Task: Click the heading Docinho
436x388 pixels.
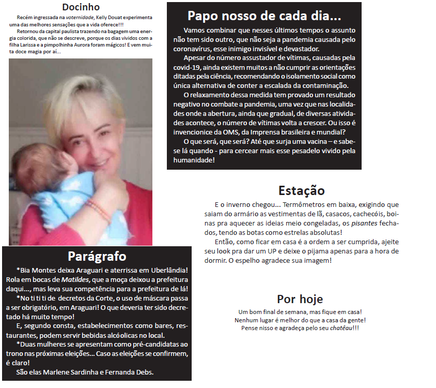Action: (81, 7)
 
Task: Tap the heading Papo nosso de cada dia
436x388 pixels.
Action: (263, 15)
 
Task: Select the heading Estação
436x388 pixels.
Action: (301, 190)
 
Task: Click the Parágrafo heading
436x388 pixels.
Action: (97, 256)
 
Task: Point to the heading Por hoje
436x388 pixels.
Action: (300, 299)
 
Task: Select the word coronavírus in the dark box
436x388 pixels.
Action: (194, 48)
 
